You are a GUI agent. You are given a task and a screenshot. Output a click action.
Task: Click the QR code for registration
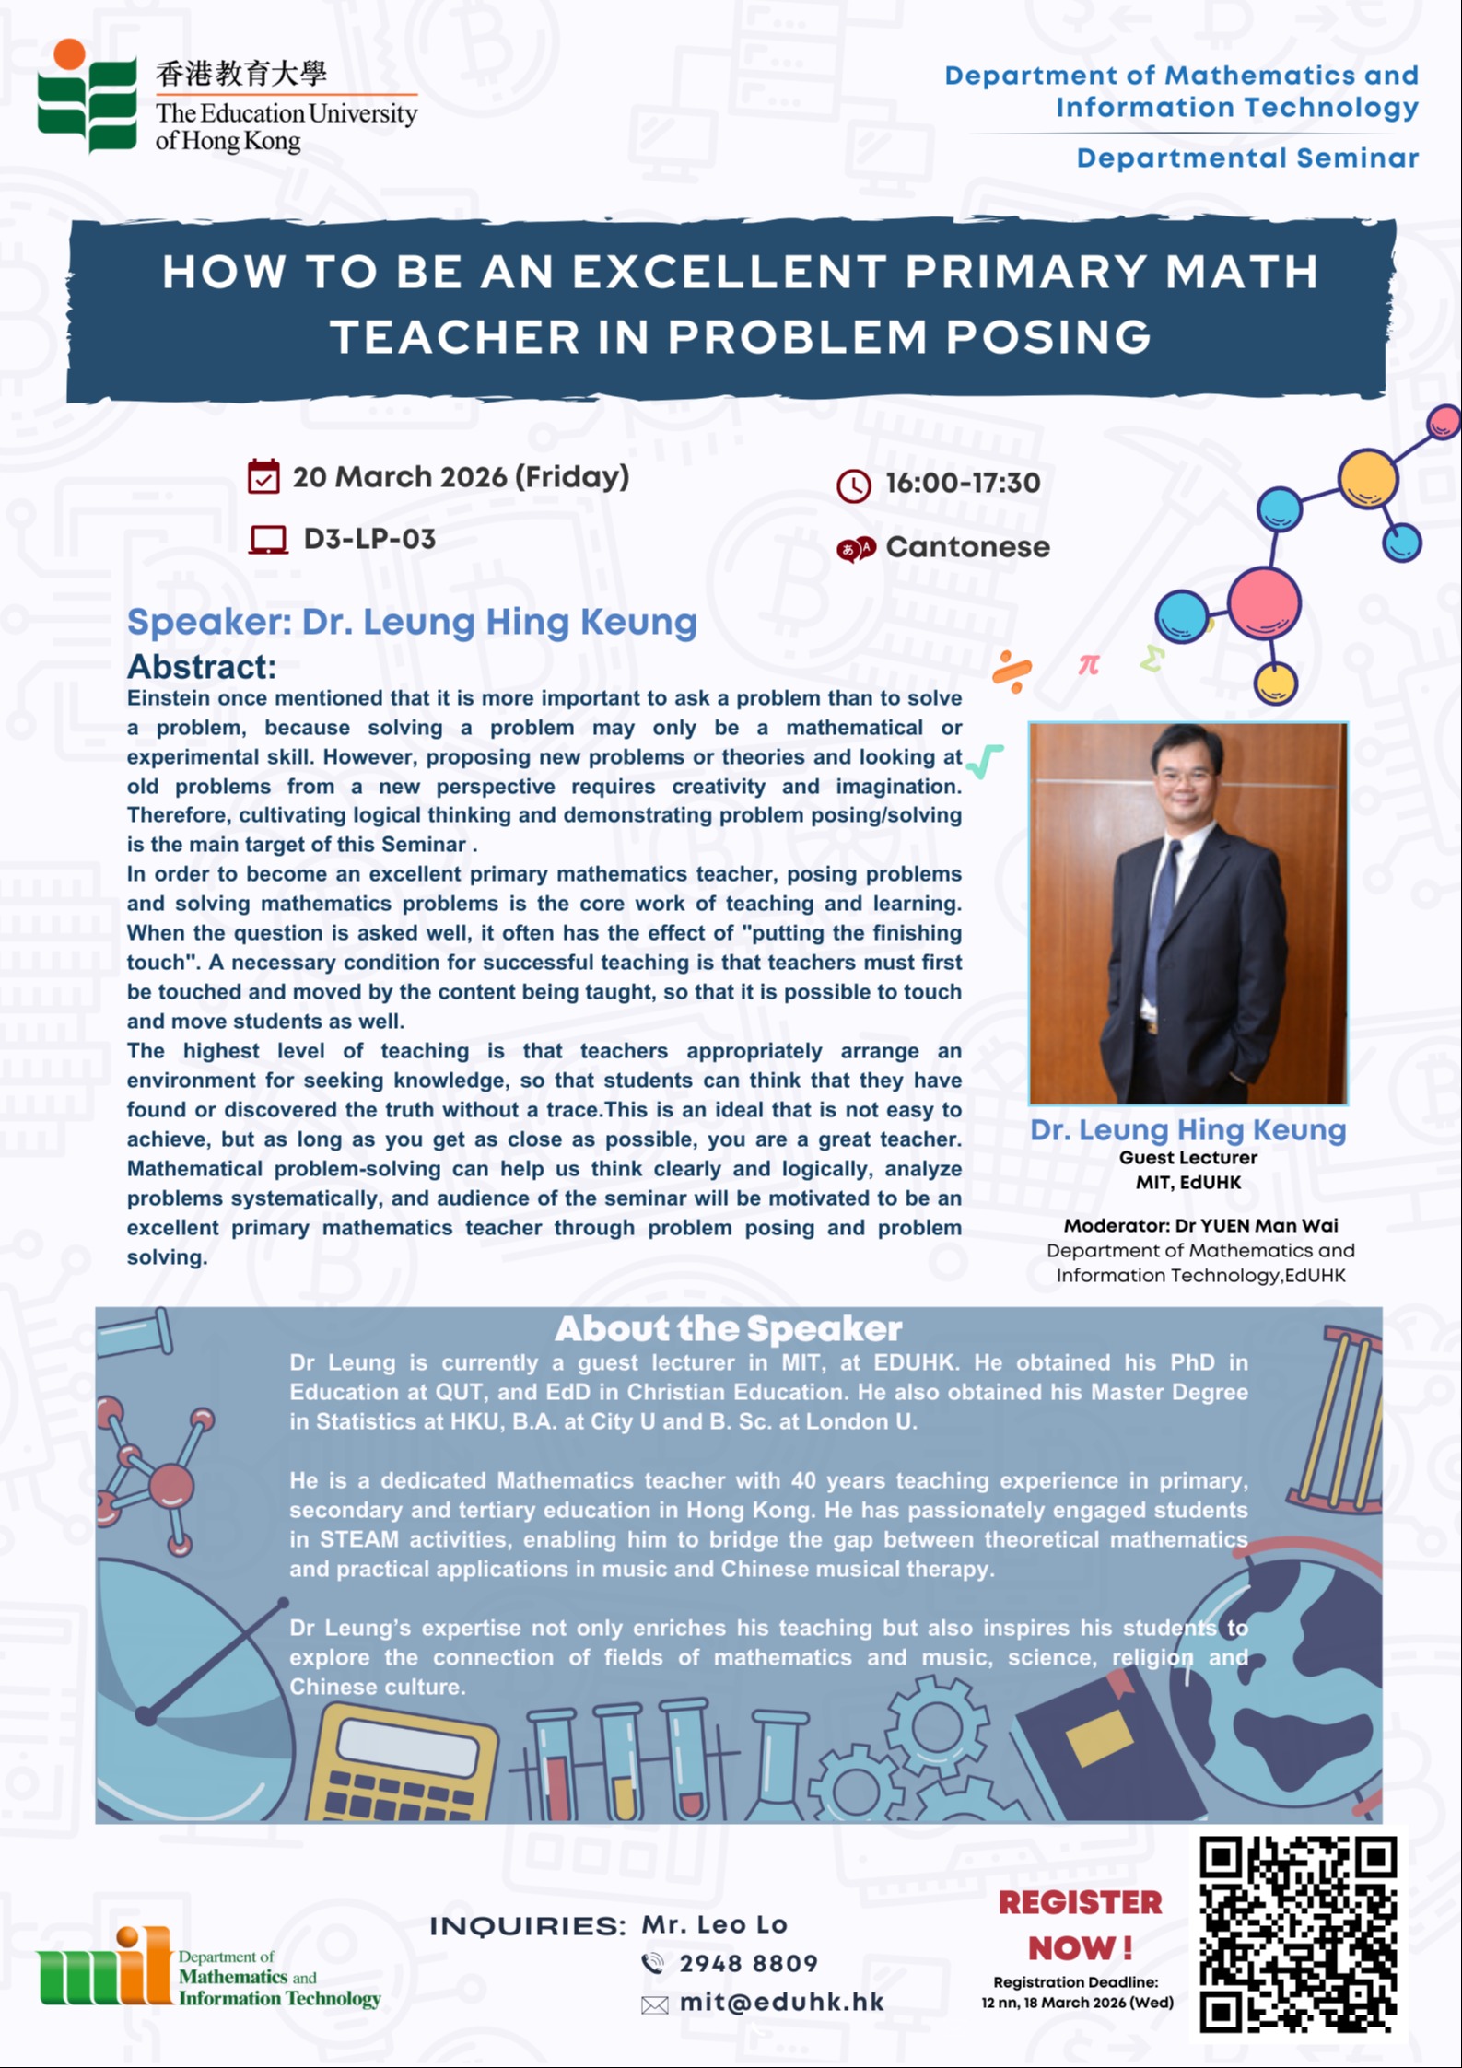[1298, 1934]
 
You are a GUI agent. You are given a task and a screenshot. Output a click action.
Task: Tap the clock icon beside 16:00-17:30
[853, 485]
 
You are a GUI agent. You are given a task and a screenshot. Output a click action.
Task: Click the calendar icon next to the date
[263, 476]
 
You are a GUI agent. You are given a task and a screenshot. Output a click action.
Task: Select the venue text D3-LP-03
[369, 539]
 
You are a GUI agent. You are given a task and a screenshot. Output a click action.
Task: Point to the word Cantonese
[967, 547]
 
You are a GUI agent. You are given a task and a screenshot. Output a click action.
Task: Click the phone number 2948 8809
[748, 1963]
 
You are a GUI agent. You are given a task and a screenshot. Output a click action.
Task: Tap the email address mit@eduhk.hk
[781, 2002]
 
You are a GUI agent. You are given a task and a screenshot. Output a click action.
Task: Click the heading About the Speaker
[728, 1329]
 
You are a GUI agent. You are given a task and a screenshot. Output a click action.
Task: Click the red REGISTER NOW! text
[1081, 1925]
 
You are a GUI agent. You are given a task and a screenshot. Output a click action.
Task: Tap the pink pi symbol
[1089, 664]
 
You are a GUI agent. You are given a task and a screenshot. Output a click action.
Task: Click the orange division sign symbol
[1012, 672]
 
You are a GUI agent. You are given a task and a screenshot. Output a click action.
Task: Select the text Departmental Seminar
[1247, 158]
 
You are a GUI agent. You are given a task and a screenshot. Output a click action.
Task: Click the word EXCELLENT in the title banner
[728, 272]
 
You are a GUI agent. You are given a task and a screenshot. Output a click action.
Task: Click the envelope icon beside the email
[654, 2004]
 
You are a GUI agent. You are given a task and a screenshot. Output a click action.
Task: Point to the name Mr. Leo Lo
[714, 1924]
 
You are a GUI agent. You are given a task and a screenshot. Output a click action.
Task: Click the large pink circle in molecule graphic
[1264, 602]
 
